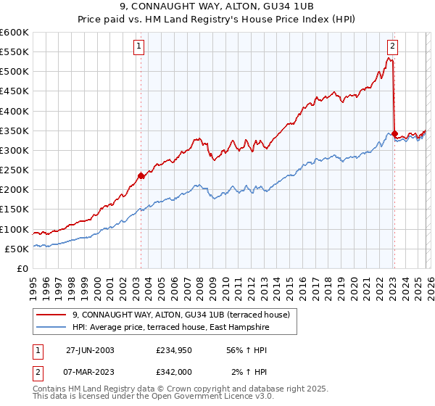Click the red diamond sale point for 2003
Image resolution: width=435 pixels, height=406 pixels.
(141, 175)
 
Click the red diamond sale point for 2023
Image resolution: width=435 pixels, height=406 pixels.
(394, 133)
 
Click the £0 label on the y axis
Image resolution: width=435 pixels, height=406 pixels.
(22, 269)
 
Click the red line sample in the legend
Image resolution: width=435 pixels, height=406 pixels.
(51, 315)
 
